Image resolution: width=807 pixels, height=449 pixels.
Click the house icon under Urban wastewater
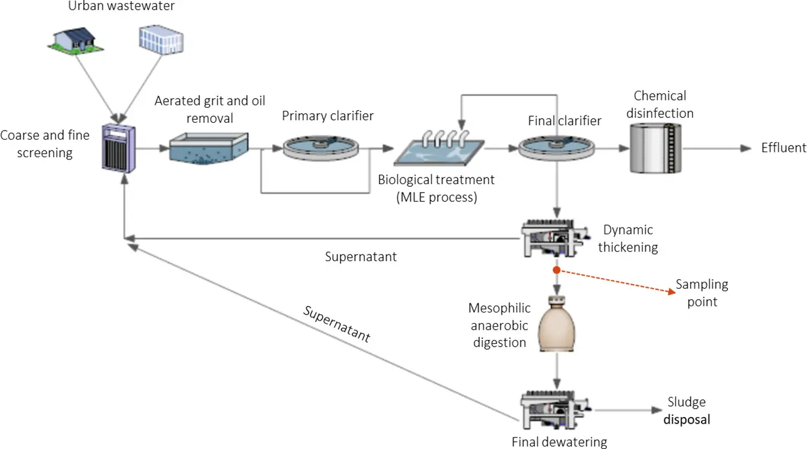[x=74, y=39]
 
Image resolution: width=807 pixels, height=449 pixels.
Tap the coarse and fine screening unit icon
[x=119, y=147]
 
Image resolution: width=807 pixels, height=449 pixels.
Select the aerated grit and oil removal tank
[x=209, y=147]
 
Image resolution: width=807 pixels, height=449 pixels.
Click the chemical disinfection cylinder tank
[x=655, y=147]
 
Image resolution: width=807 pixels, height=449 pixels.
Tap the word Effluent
[x=783, y=148]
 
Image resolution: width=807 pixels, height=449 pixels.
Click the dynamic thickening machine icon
[x=554, y=239]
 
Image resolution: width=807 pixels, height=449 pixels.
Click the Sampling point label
[x=702, y=293]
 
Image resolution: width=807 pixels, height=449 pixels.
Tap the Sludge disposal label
[x=686, y=410]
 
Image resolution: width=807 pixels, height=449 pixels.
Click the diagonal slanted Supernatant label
[x=336, y=324]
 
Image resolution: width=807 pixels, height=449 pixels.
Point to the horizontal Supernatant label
[x=360, y=257]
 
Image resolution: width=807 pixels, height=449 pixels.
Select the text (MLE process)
[x=436, y=197]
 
